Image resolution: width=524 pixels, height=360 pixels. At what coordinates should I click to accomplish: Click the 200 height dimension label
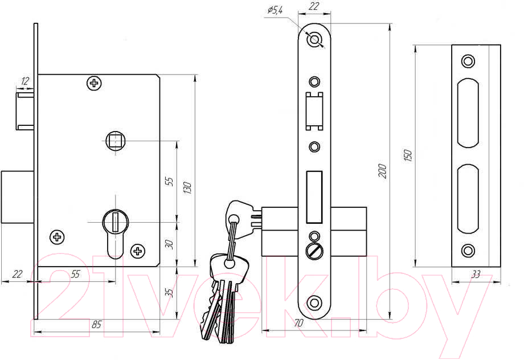(383, 171)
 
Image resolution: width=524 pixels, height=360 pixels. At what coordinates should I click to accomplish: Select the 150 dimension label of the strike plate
(408, 156)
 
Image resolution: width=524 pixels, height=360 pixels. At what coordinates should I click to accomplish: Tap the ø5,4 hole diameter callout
(275, 10)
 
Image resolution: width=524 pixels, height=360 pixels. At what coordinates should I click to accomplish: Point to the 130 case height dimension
(187, 188)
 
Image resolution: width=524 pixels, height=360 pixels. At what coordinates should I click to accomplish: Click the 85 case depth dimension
(96, 324)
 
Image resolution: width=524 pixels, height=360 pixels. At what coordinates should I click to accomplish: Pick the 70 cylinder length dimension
(298, 322)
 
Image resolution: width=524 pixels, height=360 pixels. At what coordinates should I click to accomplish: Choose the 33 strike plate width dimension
(476, 275)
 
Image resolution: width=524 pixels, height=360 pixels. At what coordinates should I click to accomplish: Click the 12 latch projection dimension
(25, 81)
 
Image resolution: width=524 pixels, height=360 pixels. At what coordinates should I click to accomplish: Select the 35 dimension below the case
(170, 293)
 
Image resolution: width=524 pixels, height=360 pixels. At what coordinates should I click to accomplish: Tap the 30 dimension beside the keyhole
(170, 244)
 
